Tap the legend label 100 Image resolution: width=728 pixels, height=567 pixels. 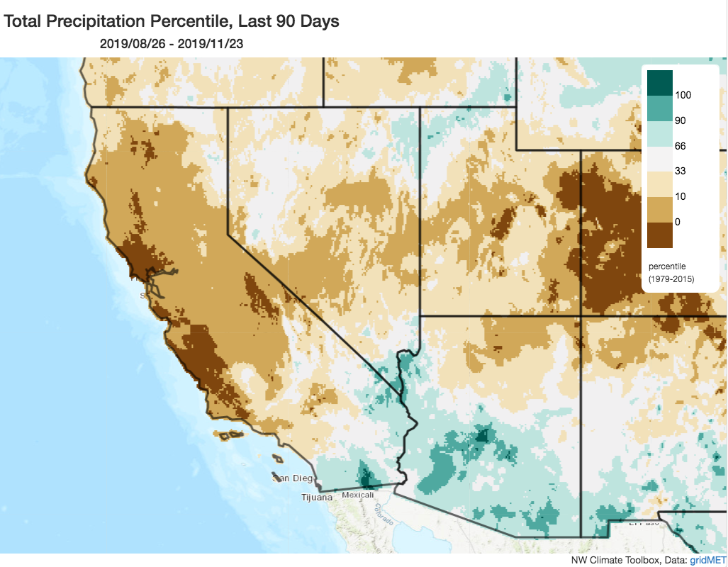click(x=683, y=95)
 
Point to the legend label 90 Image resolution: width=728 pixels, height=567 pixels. click(x=680, y=120)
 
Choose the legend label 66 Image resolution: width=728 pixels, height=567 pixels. click(x=680, y=146)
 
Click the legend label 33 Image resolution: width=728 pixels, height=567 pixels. click(x=680, y=171)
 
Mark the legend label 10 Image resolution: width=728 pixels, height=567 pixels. click(x=680, y=196)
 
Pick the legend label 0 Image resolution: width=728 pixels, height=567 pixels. click(x=678, y=222)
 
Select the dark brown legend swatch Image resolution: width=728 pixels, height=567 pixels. click(x=659, y=235)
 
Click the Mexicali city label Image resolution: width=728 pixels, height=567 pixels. click(x=357, y=495)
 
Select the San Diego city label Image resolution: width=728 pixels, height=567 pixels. click(x=293, y=478)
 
